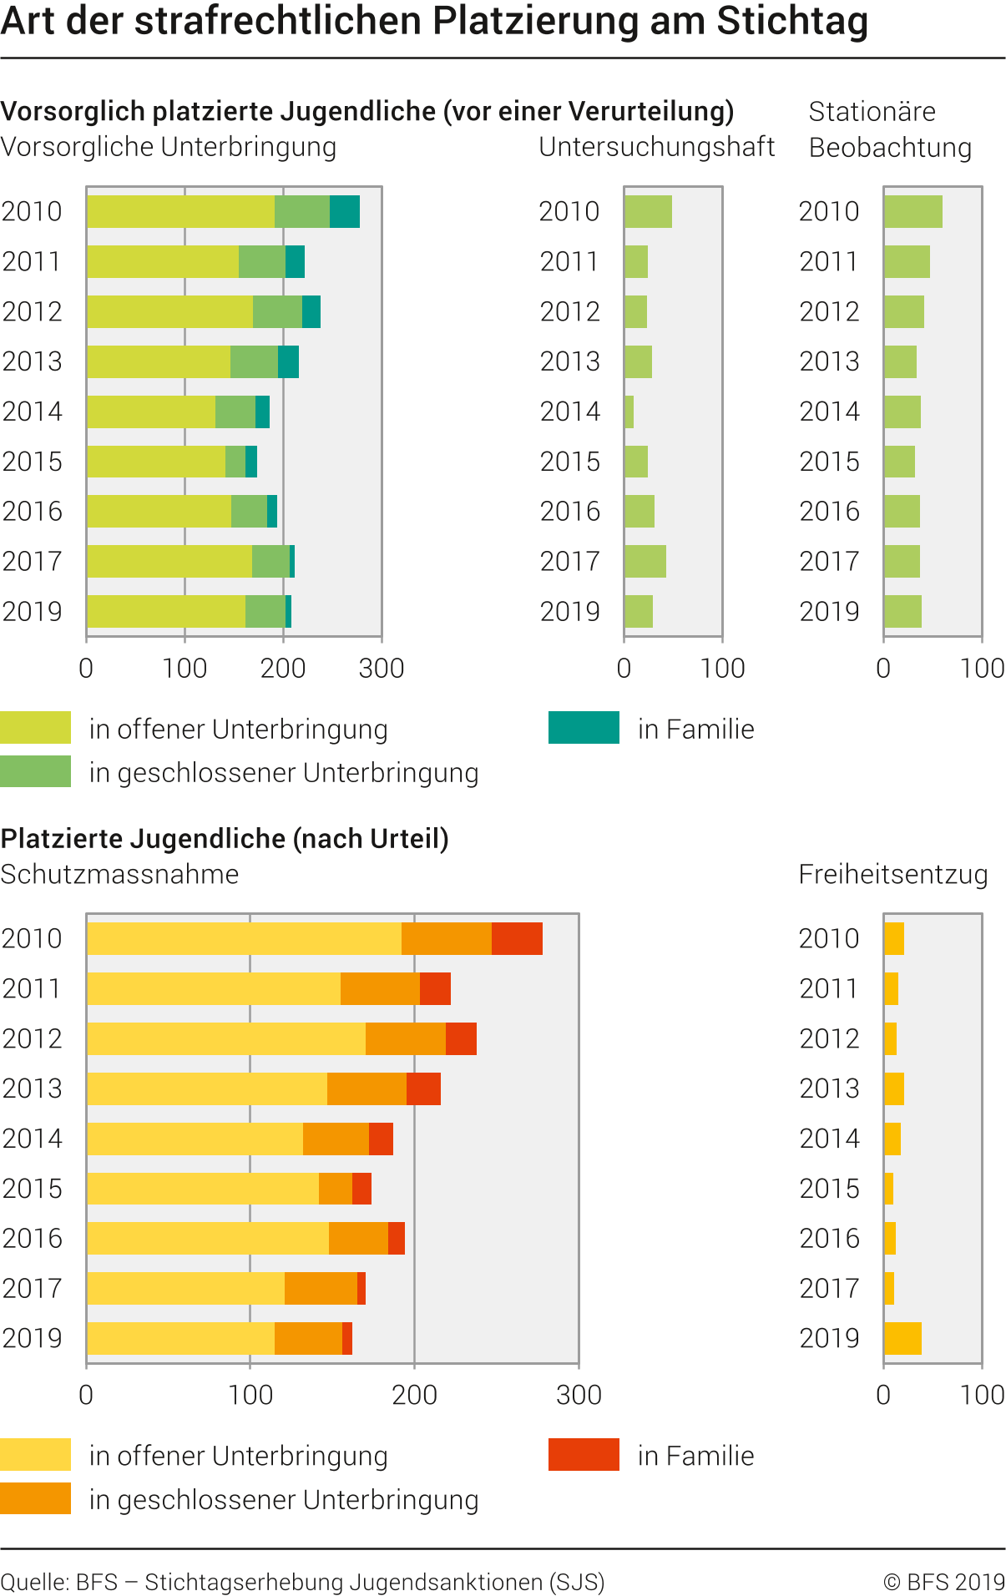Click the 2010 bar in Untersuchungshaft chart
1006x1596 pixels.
click(x=648, y=211)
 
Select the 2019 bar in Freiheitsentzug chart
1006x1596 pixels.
click(x=902, y=1338)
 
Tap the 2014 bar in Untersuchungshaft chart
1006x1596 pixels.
click(x=629, y=412)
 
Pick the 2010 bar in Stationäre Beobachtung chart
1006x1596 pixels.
click(x=912, y=211)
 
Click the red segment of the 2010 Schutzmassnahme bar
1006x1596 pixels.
click(x=517, y=938)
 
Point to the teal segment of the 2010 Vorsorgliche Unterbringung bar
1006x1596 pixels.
click(x=345, y=211)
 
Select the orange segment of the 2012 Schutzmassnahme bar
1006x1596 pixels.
click(x=406, y=1038)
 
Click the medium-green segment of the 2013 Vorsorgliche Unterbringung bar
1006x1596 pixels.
click(x=254, y=361)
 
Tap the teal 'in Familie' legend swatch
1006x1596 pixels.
click(x=584, y=727)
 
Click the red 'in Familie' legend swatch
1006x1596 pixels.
click(x=584, y=1454)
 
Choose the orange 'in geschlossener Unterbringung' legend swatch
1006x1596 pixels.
click(x=36, y=1498)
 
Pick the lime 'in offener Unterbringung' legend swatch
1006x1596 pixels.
click(x=36, y=727)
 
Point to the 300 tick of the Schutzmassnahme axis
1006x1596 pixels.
click(x=579, y=1395)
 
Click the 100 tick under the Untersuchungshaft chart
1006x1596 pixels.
click(x=722, y=668)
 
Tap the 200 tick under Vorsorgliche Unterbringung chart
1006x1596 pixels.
click(x=283, y=668)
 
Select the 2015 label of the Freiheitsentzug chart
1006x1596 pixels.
click(x=829, y=1188)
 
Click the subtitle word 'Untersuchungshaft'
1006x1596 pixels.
click(x=657, y=147)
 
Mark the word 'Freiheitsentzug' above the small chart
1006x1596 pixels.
click(x=892, y=874)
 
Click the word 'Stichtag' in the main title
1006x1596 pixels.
click(x=791, y=22)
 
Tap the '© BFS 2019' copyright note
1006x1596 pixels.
click(x=944, y=1582)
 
